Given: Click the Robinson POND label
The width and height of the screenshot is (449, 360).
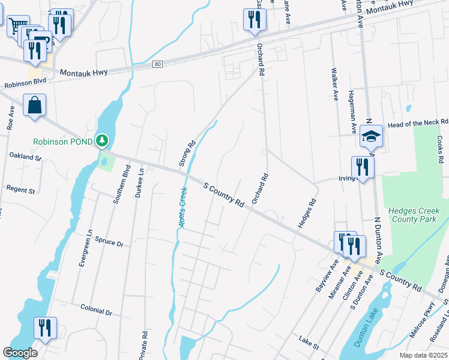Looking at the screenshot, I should coord(63,142).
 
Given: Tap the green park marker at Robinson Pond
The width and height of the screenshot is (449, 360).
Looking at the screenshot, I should coord(103,141).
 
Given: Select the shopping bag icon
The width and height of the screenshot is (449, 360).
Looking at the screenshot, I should coord(35,105).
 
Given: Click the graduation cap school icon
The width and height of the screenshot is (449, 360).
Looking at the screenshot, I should coord(371,136).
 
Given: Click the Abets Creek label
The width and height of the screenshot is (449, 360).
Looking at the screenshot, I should coord(182,207).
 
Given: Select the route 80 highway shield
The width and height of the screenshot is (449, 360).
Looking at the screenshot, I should coord(157,64).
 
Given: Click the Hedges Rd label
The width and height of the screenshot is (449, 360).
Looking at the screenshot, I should coord(307,214).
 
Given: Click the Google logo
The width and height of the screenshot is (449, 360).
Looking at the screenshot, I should coord(20,353).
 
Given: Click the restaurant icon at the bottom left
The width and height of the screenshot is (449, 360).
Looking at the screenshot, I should coord(45,328).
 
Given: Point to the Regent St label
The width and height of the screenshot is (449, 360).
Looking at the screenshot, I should coord(20,190).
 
